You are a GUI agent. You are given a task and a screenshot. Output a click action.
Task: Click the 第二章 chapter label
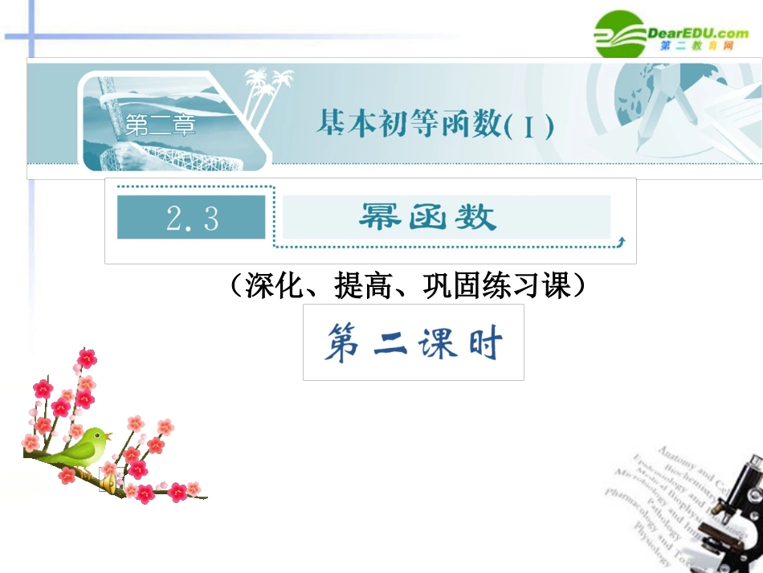tap(160, 126)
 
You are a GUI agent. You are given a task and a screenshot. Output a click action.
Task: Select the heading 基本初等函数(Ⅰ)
tap(435, 125)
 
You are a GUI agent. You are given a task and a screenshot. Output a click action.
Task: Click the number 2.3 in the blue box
tap(191, 218)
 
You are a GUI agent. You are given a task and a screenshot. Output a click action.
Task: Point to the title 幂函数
tap(427, 217)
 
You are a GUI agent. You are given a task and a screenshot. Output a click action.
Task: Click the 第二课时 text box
tap(413, 342)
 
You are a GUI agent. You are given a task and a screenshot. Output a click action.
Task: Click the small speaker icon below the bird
tap(104, 481)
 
